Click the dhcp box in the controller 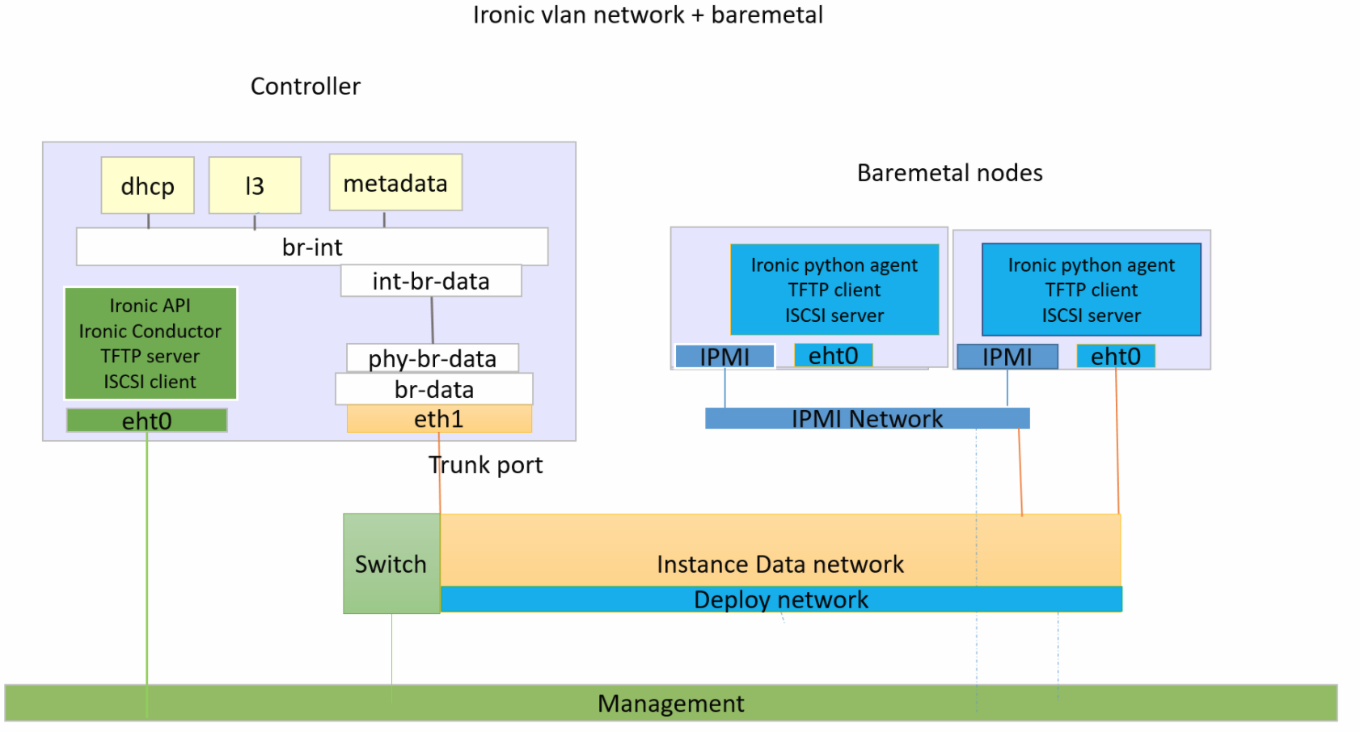point(147,185)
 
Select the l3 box point(255,185)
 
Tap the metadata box point(395,183)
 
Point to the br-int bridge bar point(312,247)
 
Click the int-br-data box point(431,281)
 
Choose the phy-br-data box point(433,358)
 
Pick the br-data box point(434,389)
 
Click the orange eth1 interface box point(439,419)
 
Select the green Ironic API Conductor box point(150,344)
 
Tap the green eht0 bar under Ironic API point(146,421)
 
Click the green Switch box point(391,564)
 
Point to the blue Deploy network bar point(781,599)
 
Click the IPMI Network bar point(867,418)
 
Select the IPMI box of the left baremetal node point(724,356)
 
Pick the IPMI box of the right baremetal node point(1007,356)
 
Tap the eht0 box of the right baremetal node point(1116,356)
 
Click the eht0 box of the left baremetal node point(833,355)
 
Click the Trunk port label point(486,465)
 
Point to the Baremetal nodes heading point(949,172)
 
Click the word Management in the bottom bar point(670,704)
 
